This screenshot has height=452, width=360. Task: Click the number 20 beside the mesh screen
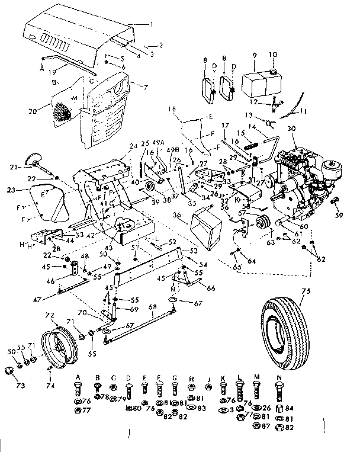coord(31,110)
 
